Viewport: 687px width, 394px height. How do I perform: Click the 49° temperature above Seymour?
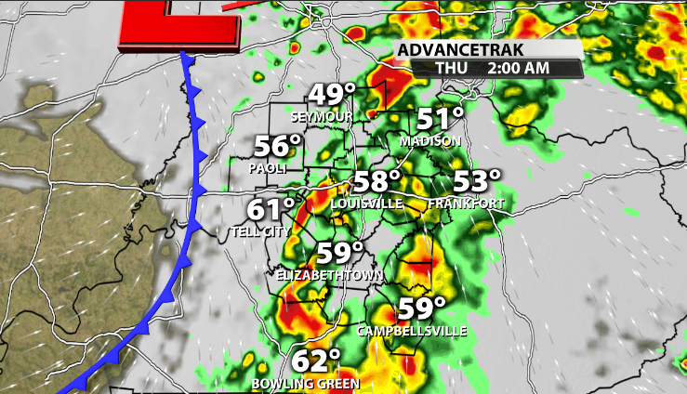point(332,96)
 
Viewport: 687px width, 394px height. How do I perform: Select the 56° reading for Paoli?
point(278,148)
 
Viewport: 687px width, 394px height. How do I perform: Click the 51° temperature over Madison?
point(439,119)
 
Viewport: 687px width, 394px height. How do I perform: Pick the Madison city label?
point(429,141)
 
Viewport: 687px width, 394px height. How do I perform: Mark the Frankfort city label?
point(467,204)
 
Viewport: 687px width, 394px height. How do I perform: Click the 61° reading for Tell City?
point(271,210)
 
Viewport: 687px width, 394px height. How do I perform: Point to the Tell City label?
point(259,231)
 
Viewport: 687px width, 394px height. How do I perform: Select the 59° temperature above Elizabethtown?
point(338,253)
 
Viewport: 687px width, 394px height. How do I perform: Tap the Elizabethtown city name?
point(320,275)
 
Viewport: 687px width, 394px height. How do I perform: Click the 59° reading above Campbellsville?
point(421,309)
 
